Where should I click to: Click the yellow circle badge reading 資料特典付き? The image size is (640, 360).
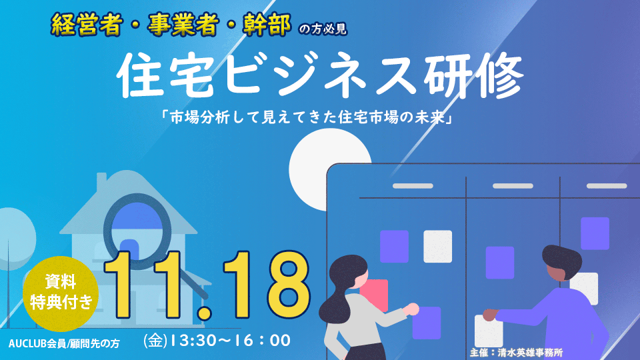coord(61,293)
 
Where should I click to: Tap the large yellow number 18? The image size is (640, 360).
coord(266,285)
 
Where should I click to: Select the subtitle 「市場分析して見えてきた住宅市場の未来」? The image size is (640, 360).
coord(308,117)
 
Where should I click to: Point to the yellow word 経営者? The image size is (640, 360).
coord(87,25)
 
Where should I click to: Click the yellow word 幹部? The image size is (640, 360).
coord(267,24)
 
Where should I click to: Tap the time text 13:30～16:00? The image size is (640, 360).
coord(230,341)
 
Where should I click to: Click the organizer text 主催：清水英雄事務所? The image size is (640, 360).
coord(516,352)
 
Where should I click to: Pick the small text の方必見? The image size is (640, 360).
coord(323,29)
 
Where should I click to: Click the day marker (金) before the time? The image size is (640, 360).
coord(155,341)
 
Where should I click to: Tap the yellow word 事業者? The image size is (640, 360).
coord(182,25)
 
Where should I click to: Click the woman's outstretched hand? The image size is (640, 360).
coord(411,309)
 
